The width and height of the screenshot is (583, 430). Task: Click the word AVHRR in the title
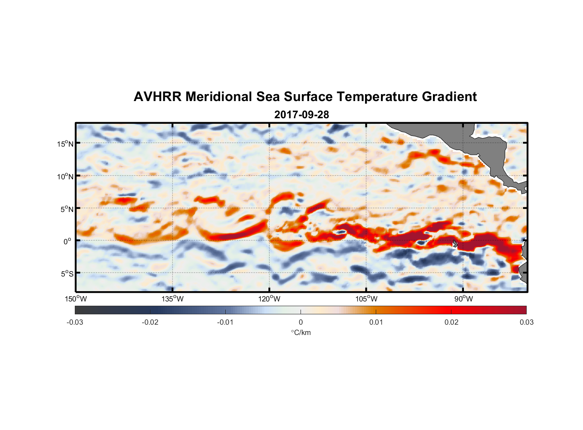click(157, 97)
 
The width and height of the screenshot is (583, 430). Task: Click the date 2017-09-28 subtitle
click(301, 115)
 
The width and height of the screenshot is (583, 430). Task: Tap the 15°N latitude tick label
click(65, 144)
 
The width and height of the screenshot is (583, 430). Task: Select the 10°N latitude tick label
click(65, 176)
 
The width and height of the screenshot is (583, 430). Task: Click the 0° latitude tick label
click(68, 241)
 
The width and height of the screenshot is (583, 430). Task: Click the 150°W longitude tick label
click(76, 299)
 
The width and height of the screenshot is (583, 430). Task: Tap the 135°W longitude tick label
click(172, 299)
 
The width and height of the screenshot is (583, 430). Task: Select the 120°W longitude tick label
click(269, 299)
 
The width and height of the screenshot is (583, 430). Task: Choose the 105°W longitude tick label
click(366, 299)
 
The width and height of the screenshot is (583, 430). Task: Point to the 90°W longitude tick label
click(463, 299)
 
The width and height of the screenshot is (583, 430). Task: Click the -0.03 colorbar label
click(75, 322)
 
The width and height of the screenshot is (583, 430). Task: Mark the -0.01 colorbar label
click(225, 322)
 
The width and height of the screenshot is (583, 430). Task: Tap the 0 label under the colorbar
click(301, 322)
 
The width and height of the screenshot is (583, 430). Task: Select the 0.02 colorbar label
click(451, 322)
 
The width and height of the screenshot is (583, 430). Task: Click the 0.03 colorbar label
click(526, 322)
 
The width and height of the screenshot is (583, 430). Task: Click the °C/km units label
click(301, 332)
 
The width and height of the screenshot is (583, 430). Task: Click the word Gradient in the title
click(449, 97)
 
